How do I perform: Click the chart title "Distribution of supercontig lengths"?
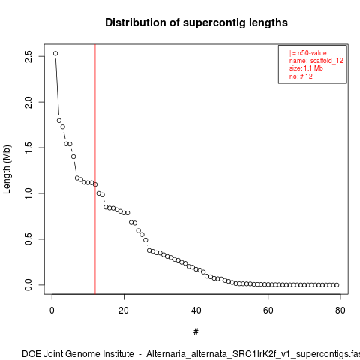pyautogui.click(x=196, y=22)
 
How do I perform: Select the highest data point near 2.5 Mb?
pyautogui.click(x=55, y=53)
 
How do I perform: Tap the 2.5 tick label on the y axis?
pyautogui.click(x=28, y=56)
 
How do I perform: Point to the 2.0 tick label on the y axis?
pyautogui.click(x=28, y=102)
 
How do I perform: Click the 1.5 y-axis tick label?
pyautogui.click(x=28, y=148)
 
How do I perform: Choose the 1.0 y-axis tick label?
pyautogui.click(x=28, y=193)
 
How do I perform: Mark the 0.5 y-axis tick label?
pyautogui.click(x=28, y=239)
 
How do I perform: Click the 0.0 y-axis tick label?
pyautogui.click(x=28, y=285)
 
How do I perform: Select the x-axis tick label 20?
pyautogui.click(x=124, y=310)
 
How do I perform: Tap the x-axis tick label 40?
pyautogui.click(x=196, y=310)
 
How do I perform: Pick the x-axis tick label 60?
pyautogui.click(x=268, y=310)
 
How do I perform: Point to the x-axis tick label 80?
pyautogui.click(x=340, y=310)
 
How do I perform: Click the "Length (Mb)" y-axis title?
pyautogui.click(x=7, y=169)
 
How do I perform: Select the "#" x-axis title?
pyautogui.click(x=196, y=332)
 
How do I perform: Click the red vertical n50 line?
pyautogui.click(x=95, y=169)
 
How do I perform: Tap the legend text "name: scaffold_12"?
pyautogui.click(x=316, y=61)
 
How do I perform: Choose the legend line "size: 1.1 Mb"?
pyautogui.click(x=306, y=68)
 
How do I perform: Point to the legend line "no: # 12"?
pyautogui.click(x=301, y=76)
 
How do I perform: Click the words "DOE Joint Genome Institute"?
pyautogui.click(x=78, y=354)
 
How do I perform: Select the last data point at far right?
pyautogui.click(x=337, y=285)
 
